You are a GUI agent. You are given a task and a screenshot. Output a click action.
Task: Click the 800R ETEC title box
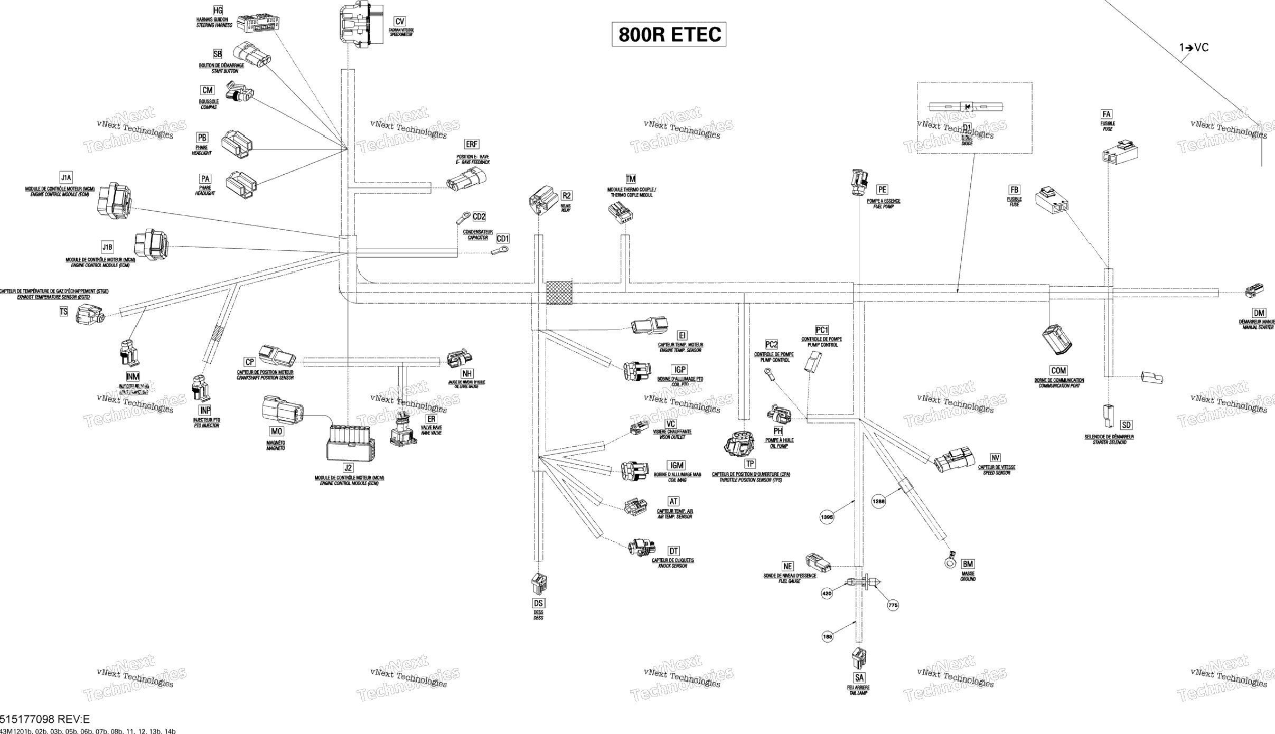coord(669,34)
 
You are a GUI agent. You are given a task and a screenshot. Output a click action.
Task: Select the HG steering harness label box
coord(218,11)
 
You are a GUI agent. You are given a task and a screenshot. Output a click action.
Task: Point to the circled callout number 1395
coord(827,517)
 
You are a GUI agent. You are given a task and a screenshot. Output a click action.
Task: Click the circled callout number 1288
coord(878,502)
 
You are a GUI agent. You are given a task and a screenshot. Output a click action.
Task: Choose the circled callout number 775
coord(893,606)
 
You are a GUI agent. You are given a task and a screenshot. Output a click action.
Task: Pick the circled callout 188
coord(828,637)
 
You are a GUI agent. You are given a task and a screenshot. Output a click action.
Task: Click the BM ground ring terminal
coord(950,561)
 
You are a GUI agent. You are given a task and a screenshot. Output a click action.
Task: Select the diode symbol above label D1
coord(967,107)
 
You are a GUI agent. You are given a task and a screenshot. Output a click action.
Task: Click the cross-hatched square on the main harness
coord(559,293)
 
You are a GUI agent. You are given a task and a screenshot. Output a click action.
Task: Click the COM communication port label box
coord(1058,371)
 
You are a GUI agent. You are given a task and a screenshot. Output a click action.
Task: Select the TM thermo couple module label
coord(631,179)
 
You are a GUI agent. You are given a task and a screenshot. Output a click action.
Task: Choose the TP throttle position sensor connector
coord(739,444)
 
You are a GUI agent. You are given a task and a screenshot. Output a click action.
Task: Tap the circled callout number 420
coord(827,594)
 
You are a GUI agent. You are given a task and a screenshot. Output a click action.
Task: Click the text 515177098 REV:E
coord(45,719)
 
